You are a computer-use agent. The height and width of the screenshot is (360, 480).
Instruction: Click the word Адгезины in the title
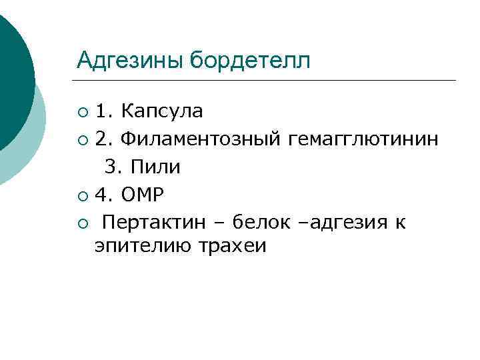[131, 61]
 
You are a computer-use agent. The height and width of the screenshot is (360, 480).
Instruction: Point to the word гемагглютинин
[364, 139]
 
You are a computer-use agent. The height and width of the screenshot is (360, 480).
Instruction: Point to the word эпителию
[143, 246]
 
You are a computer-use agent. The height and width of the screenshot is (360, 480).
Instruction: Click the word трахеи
[232, 246]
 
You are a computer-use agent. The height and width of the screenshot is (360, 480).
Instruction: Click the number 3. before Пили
[111, 167]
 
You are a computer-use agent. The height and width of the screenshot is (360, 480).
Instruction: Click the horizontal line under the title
[267, 81]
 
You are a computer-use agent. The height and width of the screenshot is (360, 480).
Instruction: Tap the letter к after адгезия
[399, 222]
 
